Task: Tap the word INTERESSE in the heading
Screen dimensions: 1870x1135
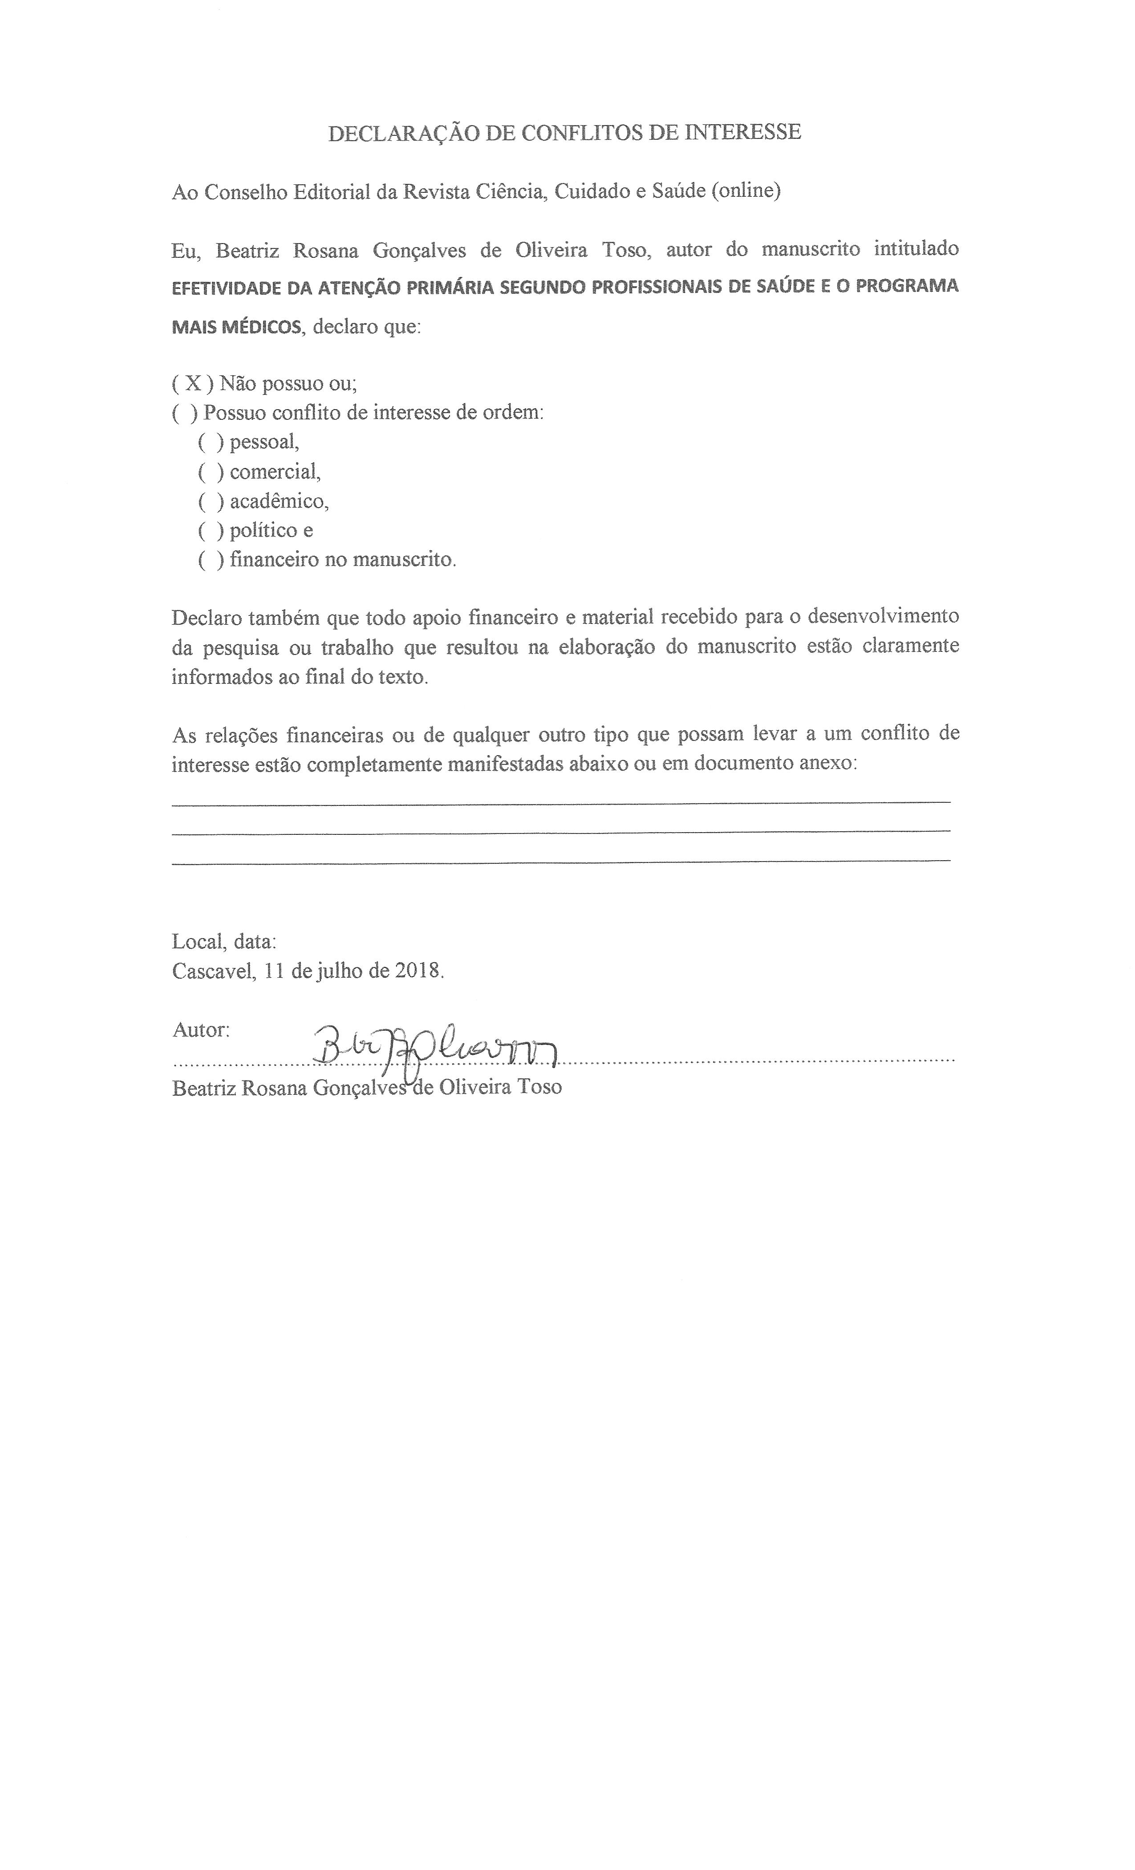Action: (x=743, y=133)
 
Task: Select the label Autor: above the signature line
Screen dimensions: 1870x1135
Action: (x=201, y=1030)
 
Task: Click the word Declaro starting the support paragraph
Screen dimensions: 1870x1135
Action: (x=207, y=616)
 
